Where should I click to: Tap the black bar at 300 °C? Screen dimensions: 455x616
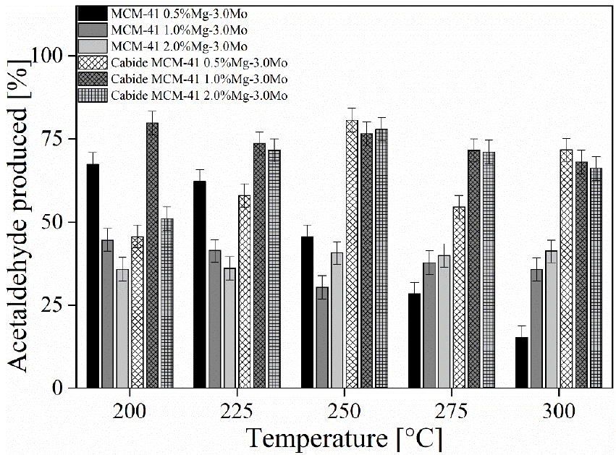(522, 362)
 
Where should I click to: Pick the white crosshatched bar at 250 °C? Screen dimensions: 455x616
(352, 254)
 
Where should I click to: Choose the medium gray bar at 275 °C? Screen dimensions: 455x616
(429, 325)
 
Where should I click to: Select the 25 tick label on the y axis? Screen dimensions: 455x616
(60, 305)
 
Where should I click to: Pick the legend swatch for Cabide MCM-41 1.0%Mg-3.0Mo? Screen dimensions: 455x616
(93, 79)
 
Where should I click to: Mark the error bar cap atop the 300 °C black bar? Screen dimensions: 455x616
(522, 326)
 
